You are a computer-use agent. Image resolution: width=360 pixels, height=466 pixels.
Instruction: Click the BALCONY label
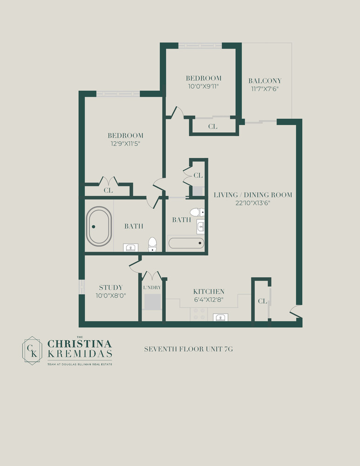[x=265, y=81]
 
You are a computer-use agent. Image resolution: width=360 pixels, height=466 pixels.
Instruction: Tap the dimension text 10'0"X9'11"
[x=204, y=86]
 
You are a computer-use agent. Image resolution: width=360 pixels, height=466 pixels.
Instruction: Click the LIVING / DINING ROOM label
[x=253, y=194]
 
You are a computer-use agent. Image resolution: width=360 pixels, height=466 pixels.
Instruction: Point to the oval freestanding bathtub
[x=99, y=226]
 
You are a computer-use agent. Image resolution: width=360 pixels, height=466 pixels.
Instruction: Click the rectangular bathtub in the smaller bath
[x=186, y=243]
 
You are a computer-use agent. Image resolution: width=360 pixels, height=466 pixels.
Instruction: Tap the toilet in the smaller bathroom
[x=197, y=212]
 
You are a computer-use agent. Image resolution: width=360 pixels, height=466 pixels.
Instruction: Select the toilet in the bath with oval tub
[x=152, y=245]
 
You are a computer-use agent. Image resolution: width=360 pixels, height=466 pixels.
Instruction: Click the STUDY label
[x=111, y=288]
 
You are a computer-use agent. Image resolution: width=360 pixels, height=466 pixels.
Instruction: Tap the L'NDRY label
[x=152, y=288]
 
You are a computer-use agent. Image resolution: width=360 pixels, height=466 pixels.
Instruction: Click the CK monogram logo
[x=33, y=350]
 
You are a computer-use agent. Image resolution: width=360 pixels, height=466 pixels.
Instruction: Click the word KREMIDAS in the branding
[x=80, y=354]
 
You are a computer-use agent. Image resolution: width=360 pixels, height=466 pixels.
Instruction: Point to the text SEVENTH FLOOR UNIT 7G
[x=185, y=349]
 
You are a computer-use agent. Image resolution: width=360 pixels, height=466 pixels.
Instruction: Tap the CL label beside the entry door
[x=262, y=302]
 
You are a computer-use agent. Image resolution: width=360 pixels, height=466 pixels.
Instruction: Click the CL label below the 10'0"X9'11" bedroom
[x=212, y=126]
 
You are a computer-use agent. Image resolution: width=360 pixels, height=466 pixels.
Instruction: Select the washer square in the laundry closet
[x=152, y=302]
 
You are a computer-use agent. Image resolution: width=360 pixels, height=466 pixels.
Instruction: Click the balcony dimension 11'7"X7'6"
[x=265, y=89]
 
